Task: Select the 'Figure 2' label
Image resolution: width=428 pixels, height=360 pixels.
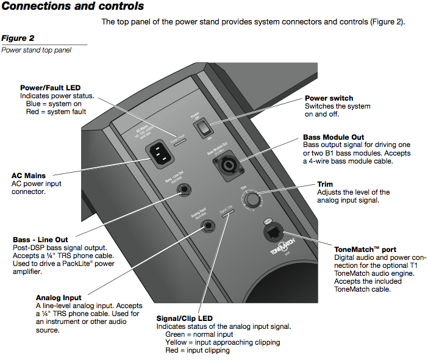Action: tap(17, 38)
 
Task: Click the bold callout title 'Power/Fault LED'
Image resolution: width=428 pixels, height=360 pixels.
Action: tap(51, 88)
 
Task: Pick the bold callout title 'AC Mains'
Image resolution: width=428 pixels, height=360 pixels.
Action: tap(29, 176)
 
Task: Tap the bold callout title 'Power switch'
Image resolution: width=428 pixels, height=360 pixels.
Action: tap(329, 98)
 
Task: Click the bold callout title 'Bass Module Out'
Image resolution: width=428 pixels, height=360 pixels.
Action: tap(334, 137)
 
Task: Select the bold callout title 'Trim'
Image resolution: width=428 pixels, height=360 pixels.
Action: tap(325, 184)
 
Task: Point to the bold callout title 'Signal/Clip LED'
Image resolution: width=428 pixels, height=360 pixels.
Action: tap(184, 319)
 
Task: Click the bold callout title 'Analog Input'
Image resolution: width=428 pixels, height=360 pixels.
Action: tap(59, 298)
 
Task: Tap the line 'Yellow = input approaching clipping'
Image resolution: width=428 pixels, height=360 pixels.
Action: tap(223, 342)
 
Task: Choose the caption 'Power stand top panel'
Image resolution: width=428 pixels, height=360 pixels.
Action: tap(36, 50)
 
